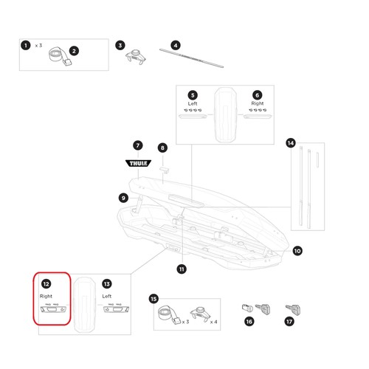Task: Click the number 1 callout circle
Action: [x=26, y=46]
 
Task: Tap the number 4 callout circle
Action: [x=176, y=46]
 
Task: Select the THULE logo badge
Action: [x=138, y=163]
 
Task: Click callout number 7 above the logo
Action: [x=138, y=145]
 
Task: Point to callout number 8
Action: [x=162, y=148]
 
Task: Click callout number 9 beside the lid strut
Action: [x=123, y=198]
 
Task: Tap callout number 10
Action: [x=297, y=251]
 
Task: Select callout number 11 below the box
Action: [x=182, y=269]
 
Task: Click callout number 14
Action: [x=291, y=143]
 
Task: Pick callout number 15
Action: [x=154, y=299]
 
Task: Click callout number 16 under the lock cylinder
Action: [x=249, y=321]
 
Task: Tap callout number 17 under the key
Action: [x=289, y=321]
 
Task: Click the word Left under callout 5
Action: [x=193, y=103]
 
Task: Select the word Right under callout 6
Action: [x=258, y=103]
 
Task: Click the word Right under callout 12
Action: [x=46, y=296]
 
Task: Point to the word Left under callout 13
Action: [x=107, y=296]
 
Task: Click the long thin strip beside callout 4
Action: [x=191, y=58]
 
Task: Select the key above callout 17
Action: [x=293, y=309]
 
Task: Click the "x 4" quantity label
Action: [x=213, y=322]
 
